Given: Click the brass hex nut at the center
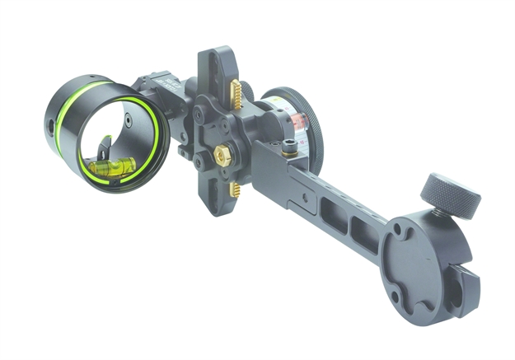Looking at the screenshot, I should [x=222, y=153].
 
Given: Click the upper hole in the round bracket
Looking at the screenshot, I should [x=400, y=233].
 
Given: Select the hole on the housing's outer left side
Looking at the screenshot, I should [x=52, y=126].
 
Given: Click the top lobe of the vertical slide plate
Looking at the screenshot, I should [x=212, y=66].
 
